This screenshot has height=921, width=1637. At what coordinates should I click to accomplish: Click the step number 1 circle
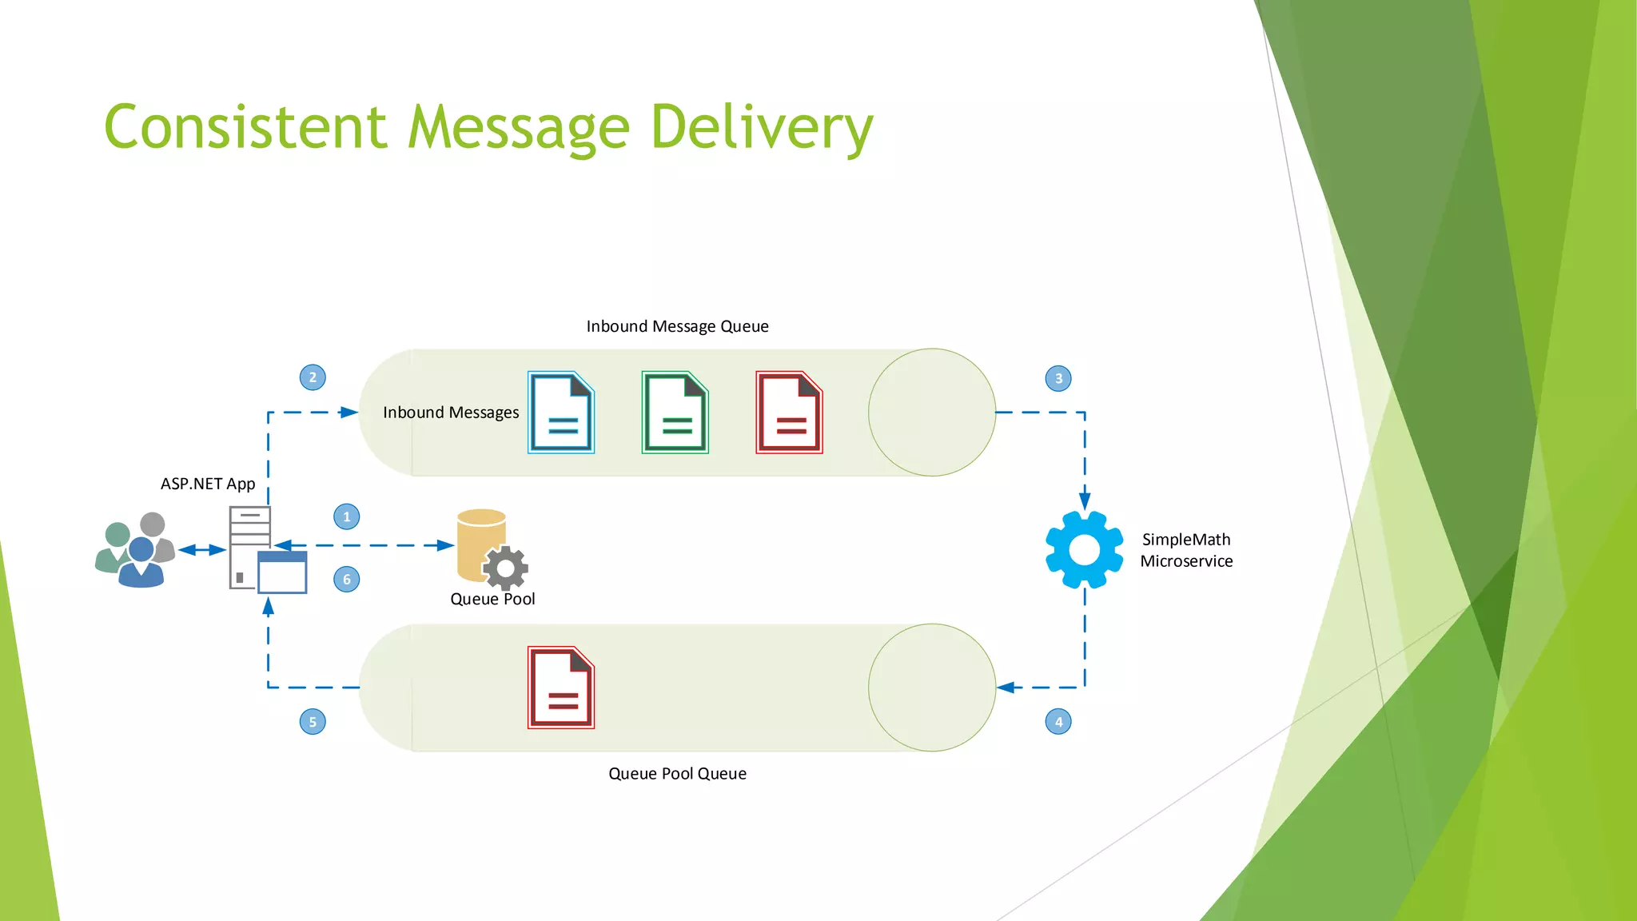(346, 516)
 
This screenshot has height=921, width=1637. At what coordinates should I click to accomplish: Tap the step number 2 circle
(313, 377)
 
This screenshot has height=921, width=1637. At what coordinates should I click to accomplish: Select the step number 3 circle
(1058, 378)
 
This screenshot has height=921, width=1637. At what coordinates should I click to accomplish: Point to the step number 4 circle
(1058, 722)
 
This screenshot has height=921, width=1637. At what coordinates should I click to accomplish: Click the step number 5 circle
(313, 722)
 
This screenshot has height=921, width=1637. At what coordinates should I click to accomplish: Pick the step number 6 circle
(346, 580)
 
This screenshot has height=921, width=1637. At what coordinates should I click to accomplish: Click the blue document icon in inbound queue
(561, 413)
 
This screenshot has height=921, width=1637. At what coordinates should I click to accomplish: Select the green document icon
(675, 413)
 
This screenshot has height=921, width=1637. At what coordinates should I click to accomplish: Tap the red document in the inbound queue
(789, 413)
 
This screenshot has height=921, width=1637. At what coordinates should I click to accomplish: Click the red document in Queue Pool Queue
(561, 688)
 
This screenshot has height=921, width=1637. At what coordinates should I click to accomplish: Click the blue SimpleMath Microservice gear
(1084, 550)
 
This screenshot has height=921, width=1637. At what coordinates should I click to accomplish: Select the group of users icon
(134, 551)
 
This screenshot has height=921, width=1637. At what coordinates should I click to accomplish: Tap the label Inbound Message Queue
(677, 326)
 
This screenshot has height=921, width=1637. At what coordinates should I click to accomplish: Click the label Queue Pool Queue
(677, 773)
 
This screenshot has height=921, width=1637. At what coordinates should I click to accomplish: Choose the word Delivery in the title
(762, 128)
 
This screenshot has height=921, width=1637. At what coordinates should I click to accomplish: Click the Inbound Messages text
(451, 413)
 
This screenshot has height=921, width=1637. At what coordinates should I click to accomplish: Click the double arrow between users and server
(202, 550)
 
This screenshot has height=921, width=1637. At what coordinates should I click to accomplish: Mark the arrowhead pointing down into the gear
(1085, 501)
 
